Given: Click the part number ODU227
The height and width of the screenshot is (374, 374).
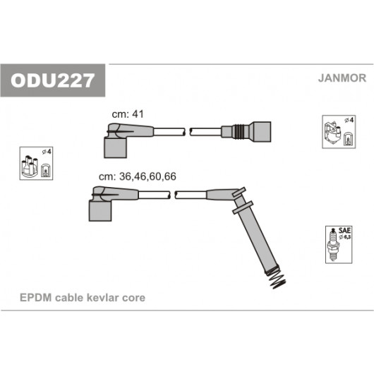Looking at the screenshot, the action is click(52, 80).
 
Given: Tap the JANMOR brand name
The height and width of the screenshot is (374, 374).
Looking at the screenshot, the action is click(342, 78).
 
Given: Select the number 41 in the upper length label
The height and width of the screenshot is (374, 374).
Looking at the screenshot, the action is click(138, 114).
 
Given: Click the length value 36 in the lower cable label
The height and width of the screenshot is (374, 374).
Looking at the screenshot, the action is click(125, 176).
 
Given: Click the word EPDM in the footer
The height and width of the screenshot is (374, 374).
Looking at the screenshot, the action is click(35, 298).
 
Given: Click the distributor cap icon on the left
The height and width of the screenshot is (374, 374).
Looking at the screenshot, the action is click(30, 166).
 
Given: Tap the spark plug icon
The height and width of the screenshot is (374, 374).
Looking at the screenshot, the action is click(334, 245).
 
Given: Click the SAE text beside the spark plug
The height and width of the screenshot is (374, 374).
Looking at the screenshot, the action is click(344, 231).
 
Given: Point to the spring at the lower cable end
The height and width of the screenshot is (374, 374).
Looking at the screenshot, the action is click(277, 279).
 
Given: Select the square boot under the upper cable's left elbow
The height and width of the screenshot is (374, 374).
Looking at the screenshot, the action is click(115, 147).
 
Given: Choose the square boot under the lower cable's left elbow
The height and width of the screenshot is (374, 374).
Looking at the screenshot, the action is click(100, 211).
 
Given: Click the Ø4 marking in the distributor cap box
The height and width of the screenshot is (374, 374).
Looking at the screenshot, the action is click(47, 152).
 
